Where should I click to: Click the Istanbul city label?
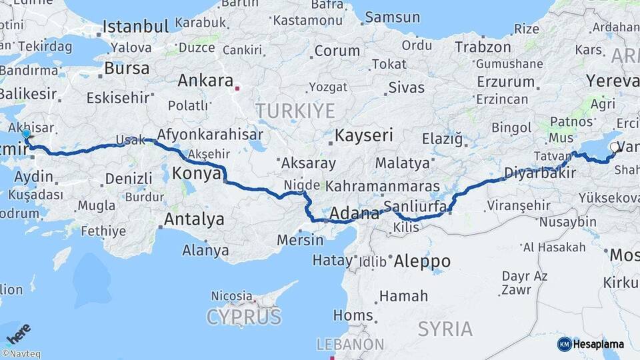tap(135, 27)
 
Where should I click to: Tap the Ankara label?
tap(205, 81)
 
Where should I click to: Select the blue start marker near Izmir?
tap(27, 134)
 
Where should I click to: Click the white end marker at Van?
tap(614, 146)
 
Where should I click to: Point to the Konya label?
tap(197, 174)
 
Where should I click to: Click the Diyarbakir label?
tap(531, 174)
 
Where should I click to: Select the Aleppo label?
tap(421, 261)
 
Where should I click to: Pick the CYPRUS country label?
tap(244, 317)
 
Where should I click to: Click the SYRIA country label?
tap(445, 329)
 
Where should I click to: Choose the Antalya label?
tap(194, 219)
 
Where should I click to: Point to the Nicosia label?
tap(231, 295)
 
